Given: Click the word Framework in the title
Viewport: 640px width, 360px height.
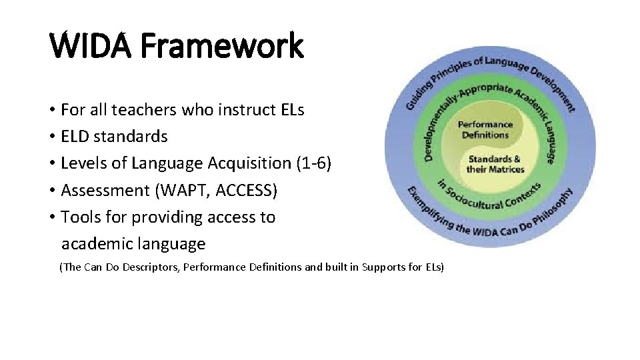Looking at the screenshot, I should (x=222, y=47).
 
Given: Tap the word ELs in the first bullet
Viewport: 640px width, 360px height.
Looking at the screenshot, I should (x=290, y=109).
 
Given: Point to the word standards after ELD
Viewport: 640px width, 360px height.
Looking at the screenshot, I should (x=132, y=136).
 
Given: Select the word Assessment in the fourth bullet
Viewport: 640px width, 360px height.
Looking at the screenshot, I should (x=105, y=191).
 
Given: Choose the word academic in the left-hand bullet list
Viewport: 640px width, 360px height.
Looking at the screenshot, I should (x=97, y=245).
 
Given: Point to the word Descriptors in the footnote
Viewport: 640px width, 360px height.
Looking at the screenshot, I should (x=145, y=267).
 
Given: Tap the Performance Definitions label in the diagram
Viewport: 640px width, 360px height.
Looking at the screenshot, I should (x=485, y=129).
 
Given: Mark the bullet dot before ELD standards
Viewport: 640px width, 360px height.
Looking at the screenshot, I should (x=52, y=137).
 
